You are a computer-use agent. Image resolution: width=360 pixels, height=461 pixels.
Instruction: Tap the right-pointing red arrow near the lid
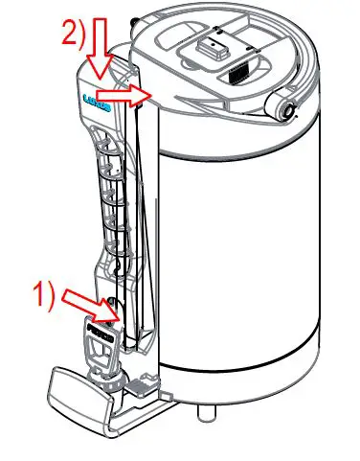point(130,94)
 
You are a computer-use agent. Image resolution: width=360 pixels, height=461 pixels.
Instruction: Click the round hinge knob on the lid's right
point(284,110)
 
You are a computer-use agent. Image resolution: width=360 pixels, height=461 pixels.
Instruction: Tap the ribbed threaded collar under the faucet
point(107,382)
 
